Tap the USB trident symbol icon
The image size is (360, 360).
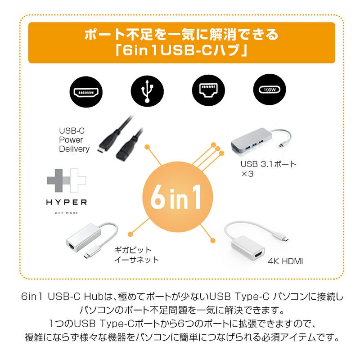pyautogui.click(x=147, y=92)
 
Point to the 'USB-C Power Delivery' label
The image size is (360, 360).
pyautogui.click(x=74, y=140)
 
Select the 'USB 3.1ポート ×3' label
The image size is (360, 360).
pyautogui.click(x=268, y=168)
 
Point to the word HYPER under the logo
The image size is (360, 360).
pyautogui.click(x=66, y=202)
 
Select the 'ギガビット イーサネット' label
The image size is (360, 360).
pyautogui.click(x=135, y=255)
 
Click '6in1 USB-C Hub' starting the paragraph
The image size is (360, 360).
pyautogui.click(x=62, y=297)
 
